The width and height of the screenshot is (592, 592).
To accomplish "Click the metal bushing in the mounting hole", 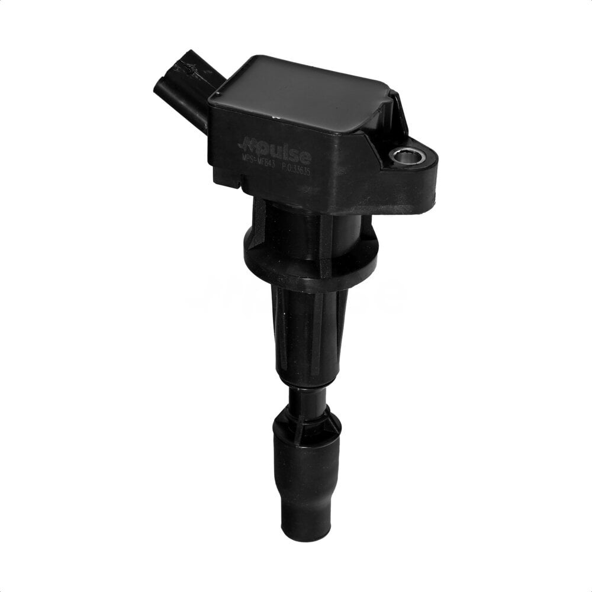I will [x=407, y=156].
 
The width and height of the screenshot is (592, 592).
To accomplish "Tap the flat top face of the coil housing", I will [x=302, y=95].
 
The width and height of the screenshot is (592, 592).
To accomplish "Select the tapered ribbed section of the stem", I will [x=308, y=332].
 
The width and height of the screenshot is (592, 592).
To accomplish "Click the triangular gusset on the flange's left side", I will [x=256, y=228].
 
